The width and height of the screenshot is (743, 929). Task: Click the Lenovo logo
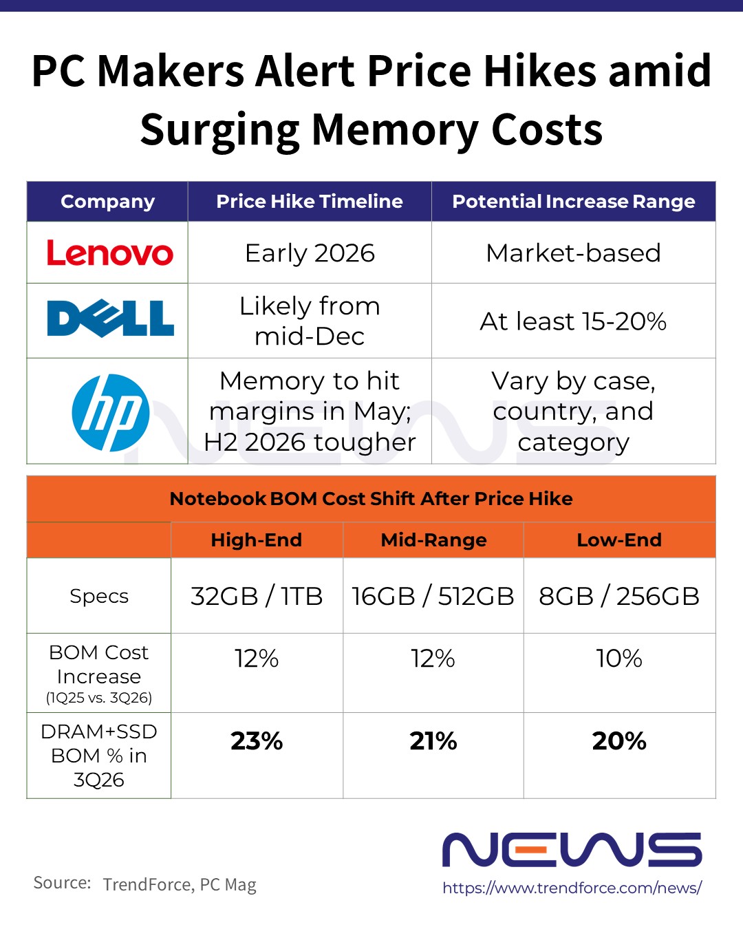(109, 253)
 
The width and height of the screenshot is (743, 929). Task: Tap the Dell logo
(110, 319)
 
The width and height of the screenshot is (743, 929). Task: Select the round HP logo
(111, 413)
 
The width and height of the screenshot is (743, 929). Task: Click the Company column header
(107, 202)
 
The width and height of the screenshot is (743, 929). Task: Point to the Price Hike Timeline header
(310, 202)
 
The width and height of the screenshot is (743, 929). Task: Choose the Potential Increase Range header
(573, 202)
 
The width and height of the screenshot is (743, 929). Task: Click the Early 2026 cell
(310, 253)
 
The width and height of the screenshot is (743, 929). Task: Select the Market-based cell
(573, 253)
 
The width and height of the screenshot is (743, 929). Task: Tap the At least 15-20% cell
(573, 321)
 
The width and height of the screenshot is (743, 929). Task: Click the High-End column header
(256, 540)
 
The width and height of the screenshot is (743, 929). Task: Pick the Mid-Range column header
(433, 540)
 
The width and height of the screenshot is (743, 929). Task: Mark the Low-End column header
(619, 540)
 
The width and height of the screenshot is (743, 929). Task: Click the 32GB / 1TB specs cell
(257, 596)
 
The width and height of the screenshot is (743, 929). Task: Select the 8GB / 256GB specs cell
(619, 596)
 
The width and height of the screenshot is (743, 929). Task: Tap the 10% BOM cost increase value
(619, 659)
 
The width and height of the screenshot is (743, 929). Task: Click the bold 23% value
(257, 741)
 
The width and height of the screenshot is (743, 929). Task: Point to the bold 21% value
(433, 741)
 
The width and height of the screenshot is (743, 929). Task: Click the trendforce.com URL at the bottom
(572, 888)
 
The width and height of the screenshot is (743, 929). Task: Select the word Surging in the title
(219, 131)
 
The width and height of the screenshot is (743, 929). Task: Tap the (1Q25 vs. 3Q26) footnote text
(99, 698)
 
